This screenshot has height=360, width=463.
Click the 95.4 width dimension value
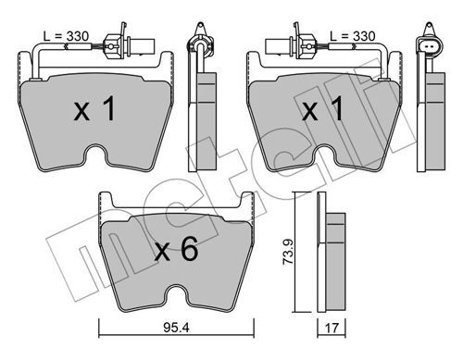[x=176, y=328]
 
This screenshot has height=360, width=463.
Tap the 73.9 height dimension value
[x=288, y=252]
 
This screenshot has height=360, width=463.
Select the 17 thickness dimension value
[x=332, y=328]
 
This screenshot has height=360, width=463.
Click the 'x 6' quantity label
[x=176, y=250]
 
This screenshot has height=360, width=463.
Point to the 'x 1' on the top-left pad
[x=95, y=108]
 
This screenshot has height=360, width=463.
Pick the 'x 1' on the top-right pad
[x=323, y=108]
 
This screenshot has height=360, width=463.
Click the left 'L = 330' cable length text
[x=66, y=36]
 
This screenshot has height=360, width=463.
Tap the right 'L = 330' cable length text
[x=353, y=36]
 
